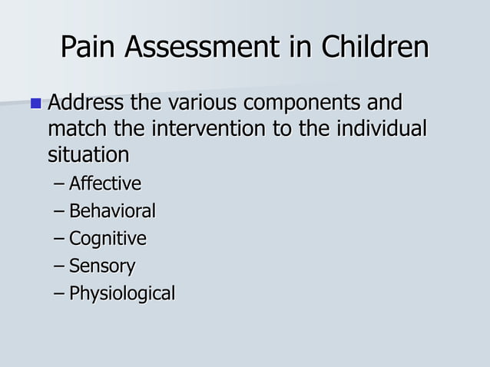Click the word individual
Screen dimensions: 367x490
(382, 128)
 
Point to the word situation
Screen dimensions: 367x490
(88, 155)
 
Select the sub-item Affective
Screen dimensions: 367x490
(104, 183)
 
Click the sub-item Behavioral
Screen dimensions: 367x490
(112, 210)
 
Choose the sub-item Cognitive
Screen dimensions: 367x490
(108, 239)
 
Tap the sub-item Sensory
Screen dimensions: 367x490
(102, 266)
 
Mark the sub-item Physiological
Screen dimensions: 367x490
(122, 293)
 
